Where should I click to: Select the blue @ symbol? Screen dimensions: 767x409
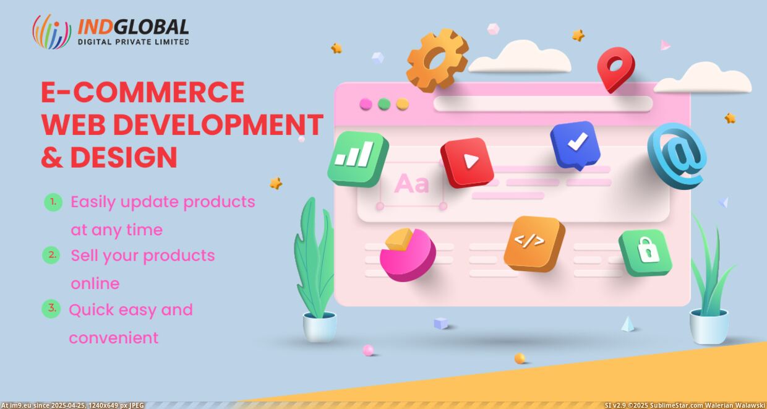(x=677, y=156)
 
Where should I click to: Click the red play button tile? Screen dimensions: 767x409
(x=467, y=162)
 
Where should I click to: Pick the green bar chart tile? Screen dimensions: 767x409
(x=358, y=159)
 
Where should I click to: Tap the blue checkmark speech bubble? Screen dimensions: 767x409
(x=575, y=145)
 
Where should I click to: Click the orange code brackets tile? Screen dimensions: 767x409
(x=534, y=244)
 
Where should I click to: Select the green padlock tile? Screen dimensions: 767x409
(x=645, y=252)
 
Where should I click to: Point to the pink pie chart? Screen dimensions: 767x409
(x=408, y=254)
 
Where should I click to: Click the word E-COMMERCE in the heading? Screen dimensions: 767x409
(x=143, y=92)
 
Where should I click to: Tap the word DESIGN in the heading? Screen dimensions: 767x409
(x=124, y=157)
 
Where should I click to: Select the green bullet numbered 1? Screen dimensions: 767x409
(x=53, y=202)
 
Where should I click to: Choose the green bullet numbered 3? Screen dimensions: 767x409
(x=51, y=309)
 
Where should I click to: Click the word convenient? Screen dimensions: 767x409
(x=114, y=338)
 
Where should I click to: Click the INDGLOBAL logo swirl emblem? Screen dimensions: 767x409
(x=52, y=32)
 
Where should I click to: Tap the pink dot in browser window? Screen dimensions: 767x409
(x=366, y=104)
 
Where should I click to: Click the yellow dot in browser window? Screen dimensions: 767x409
(x=402, y=104)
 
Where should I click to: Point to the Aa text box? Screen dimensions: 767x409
(x=411, y=184)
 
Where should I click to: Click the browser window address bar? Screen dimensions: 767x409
(x=543, y=103)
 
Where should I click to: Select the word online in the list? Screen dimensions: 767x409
(x=95, y=284)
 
